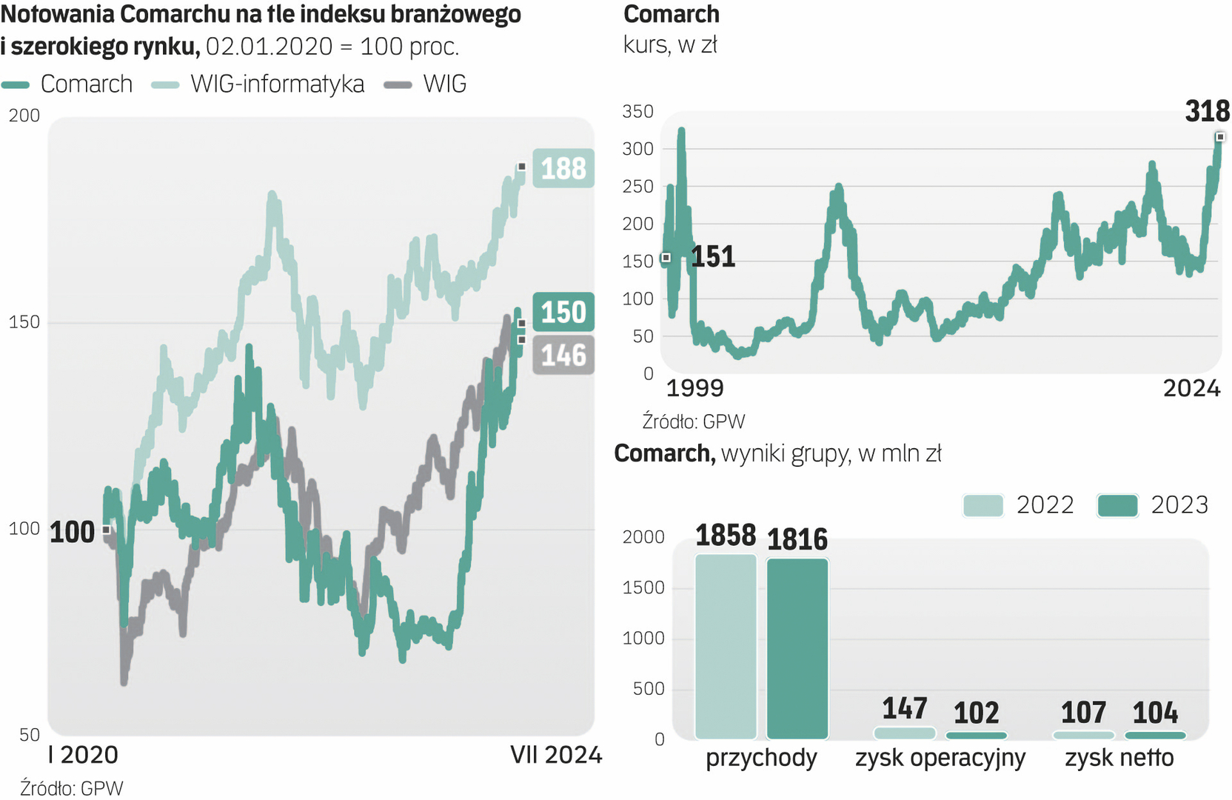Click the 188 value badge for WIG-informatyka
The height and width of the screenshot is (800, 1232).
tap(563, 168)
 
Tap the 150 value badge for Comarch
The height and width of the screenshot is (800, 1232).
tap(563, 312)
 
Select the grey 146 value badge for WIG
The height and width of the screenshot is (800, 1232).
tap(563, 356)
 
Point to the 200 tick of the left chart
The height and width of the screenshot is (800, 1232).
tap(24, 116)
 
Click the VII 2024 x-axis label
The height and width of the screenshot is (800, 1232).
tap(556, 755)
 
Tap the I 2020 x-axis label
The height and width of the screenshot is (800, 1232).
tap(83, 755)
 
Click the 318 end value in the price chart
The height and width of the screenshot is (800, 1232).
tap(1207, 111)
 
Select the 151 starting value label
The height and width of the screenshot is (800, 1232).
tap(713, 257)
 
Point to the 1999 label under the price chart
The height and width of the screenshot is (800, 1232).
tap(694, 388)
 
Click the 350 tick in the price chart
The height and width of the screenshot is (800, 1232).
tap(637, 112)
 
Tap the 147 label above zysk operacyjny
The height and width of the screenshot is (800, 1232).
tap(904, 709)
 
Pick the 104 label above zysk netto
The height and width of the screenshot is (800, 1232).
tap(1155, 713)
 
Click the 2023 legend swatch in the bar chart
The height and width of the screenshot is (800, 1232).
tap(1117, 505)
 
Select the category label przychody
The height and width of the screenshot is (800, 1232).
tap(761, 758)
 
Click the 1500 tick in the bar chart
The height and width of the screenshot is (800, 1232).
tap(643, 588)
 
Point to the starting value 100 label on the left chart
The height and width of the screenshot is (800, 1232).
tap(72, 533)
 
